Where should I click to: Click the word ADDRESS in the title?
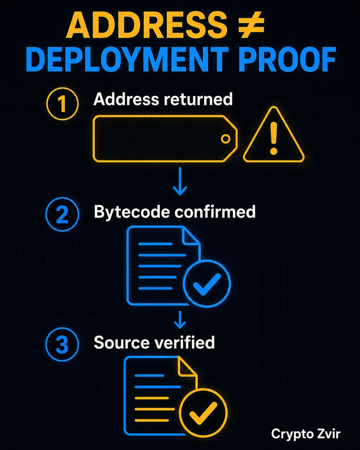pos(147,25)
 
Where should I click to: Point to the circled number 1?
pos(62,104)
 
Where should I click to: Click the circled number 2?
pos(62,214)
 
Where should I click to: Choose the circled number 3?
pos(62,344)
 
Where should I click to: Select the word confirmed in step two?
pos(215,211)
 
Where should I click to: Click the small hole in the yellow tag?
pos(226,139)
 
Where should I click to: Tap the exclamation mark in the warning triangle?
pos(273,138)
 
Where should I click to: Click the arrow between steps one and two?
pos(180,181)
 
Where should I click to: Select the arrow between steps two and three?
pos(180,320)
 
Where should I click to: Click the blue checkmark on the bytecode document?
pos(207,284)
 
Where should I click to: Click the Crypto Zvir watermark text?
pos(306,434)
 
